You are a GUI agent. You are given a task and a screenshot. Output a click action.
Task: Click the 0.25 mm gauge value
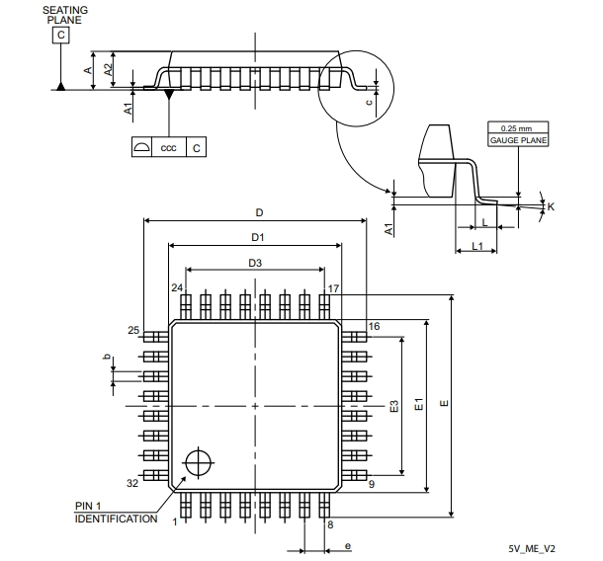pyautogui.click(x=516, y=128)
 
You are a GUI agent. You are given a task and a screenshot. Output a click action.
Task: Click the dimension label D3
pyautogui.click(x=255, y=263)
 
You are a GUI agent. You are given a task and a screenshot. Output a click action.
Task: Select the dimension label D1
pyautogui.click(x=256, y=237)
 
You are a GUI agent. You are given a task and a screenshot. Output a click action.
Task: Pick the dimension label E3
pyautogui.click(x=393, y=406)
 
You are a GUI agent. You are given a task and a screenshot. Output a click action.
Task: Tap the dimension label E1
pyautogui.click(x=419, y=405)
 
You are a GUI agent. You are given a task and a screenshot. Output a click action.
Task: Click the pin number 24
pyautogui.click(x=177, y=288)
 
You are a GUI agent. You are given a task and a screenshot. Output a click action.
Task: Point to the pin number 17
pyautogui.click(x=334, y=288)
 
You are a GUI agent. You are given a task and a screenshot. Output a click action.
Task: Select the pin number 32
pyautogui.click(x=132, y=484)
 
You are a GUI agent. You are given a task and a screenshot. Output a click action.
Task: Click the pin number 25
pyautogui.click(x=132, y=330)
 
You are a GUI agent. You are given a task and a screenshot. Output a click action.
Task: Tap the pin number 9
pyautogui.click(x=372, y=484)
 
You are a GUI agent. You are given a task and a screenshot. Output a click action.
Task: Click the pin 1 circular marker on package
pyautogui.click(x=198, y=461)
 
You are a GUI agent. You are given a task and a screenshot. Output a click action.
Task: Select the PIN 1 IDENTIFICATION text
pyautogui.click(x=115, y=513)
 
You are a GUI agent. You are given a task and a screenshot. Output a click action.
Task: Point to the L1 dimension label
pyautogui.click(x=477, y=245)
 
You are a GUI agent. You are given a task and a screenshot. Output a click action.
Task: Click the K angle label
pyautogui.click(x=551, y=206)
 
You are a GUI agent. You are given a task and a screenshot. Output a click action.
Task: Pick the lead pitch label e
pyautogui.click(x=347, y=545)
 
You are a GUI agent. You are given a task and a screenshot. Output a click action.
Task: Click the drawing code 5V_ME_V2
pyautogui.click(x=532, y=548)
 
